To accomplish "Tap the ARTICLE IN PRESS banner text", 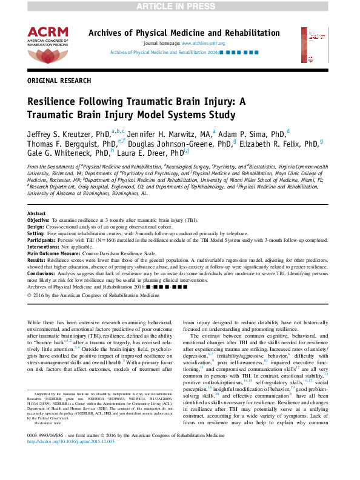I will tap(179, 6).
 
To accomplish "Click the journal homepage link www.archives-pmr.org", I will tap(203, 44).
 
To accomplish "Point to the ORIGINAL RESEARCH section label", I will tap(58, 80).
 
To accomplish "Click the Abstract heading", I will tap(36, 214).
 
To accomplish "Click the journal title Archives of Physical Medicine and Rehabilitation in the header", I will tap(184, 33).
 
